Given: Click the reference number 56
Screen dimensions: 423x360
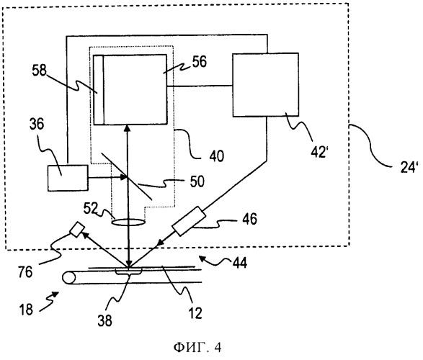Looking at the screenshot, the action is [199, 61].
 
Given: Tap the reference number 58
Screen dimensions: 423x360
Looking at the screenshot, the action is [40, 71].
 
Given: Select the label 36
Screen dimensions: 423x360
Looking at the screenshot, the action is [37, 125].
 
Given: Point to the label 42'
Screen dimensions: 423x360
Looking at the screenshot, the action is [319, 152].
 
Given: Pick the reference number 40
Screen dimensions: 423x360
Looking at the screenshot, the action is [216, 156].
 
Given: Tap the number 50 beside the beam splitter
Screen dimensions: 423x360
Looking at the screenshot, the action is [197, 181].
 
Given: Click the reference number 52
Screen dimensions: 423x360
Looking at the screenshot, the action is [91, 208].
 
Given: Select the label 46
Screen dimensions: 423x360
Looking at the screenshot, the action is [249, 219].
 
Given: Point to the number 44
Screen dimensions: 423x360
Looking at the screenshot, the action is [240, 263].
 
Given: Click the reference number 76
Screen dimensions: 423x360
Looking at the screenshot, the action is [25, 271].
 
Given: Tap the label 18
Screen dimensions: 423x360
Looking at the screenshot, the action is [26, 310].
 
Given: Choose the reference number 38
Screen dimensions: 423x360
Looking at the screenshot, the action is [104, 320].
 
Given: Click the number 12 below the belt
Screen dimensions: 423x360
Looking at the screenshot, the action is [195, 313].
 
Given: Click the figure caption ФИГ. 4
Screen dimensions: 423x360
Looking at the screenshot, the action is [197, 347].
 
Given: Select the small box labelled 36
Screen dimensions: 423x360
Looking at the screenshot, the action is [68, 178].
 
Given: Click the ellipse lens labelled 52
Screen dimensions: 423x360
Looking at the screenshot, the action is [128, 222].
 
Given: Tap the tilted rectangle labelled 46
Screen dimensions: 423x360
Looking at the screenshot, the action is [189, 221].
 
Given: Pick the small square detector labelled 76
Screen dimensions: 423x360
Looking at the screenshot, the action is [76, 230].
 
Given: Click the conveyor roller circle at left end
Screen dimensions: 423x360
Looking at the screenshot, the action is [69, 277].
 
